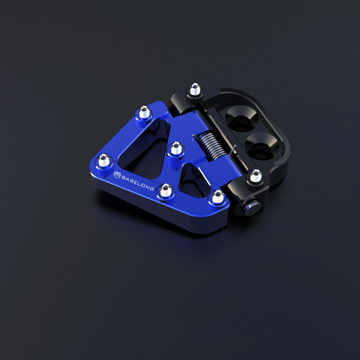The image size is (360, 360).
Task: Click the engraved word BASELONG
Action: (138, 183)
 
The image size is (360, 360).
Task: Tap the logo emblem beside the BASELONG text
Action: (117, 175)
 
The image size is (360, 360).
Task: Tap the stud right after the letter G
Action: (166, 190)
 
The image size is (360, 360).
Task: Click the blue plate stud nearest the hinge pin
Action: (218, 197)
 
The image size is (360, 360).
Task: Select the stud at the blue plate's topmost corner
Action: (144, 112)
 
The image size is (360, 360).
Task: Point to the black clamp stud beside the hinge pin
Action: (256, 176)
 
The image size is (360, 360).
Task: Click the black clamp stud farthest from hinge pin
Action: (195, 90)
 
